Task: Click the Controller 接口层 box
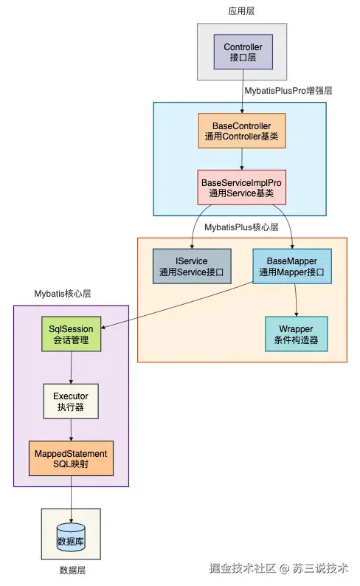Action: tap(243, 52)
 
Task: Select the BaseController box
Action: tap(242, 131)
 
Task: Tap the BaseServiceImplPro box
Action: tap(242, 187)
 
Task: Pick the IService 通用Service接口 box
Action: tap(192, 266)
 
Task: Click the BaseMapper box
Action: tap(292, 266)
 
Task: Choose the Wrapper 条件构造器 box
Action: tap(297, 334)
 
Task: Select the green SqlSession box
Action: tap(72, 334)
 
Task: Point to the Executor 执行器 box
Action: tap(71, 401)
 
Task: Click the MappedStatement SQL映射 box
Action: tap(71, 458)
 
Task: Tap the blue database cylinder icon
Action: tap(71, 538)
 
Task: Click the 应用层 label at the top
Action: tap(242, 11)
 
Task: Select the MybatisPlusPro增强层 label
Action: tap(288, 91)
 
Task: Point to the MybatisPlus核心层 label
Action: tap(242, 227)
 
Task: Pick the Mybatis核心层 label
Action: tap(63, 294)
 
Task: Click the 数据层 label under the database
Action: tap(72, 571)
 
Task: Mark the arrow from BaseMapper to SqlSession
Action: tap(177, 306)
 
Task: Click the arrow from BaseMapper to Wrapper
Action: tap(296, 300)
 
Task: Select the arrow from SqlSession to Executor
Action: tap(72, 368)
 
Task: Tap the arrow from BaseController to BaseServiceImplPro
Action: tap(242, 159)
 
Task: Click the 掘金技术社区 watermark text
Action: tap(243, 568)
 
